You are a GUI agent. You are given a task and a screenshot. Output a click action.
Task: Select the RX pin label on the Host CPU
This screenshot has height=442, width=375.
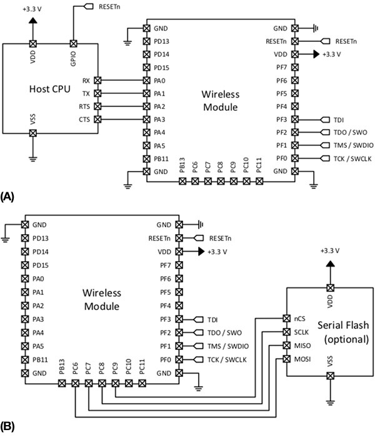[86, 81]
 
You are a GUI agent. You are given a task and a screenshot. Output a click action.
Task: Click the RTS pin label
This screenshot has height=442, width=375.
[84, 106]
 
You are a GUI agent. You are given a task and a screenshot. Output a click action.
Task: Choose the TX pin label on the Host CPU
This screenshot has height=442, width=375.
[86, 94]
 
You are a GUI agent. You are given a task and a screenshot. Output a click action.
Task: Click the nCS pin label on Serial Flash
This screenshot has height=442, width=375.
[299, 319]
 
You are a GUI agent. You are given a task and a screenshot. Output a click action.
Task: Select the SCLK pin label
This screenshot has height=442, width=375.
[301, 332]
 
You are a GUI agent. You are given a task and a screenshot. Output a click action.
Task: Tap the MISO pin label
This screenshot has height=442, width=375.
[301, 345]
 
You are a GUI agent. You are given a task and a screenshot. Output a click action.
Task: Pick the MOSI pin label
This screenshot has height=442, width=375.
[301, 358]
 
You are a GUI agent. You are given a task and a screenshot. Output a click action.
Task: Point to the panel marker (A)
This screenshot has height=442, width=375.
[7, 196]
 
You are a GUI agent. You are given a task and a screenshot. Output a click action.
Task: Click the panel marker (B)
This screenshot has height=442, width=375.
[7, 428]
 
